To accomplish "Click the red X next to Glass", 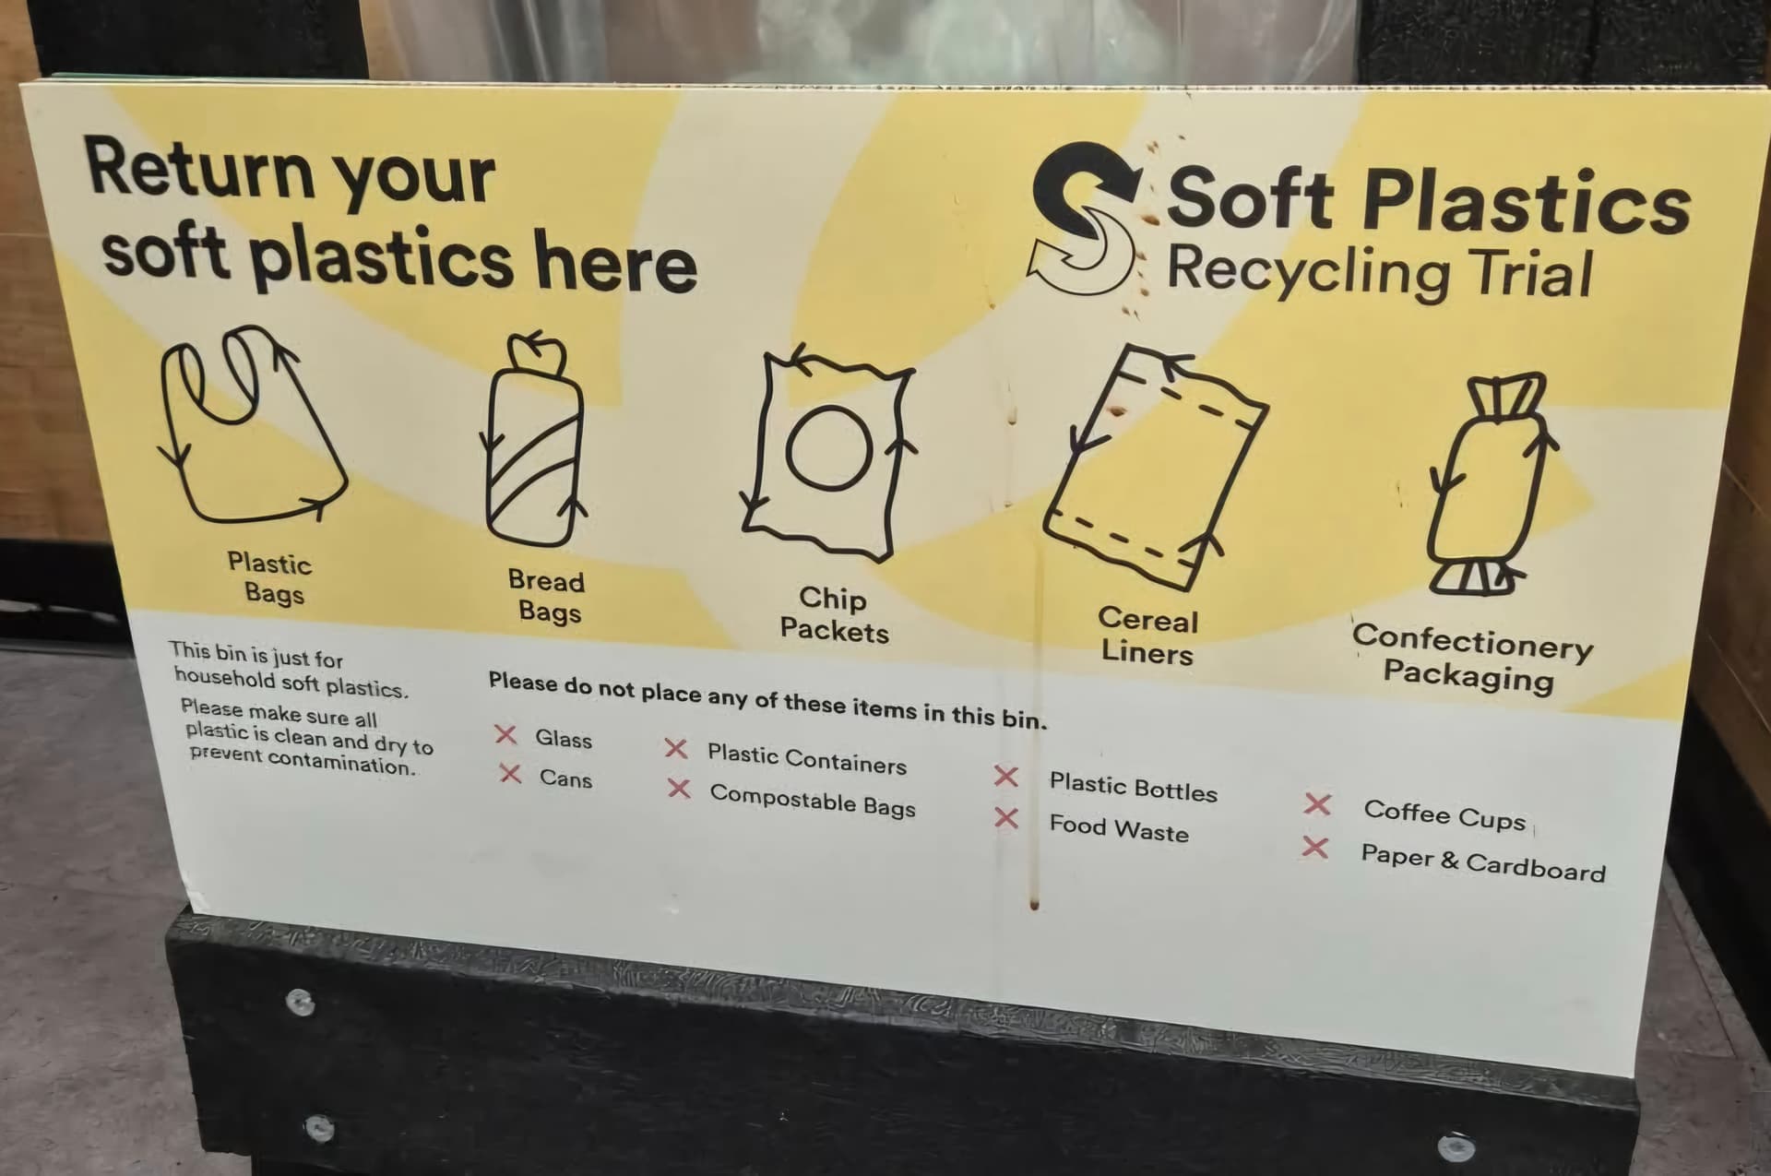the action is [505, 734].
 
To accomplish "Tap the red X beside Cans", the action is [510, 773].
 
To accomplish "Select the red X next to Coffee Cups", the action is [1317, 804].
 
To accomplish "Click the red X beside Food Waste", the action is [1006, 818].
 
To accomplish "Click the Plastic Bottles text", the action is [1133, 787].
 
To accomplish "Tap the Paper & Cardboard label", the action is [1483, 863].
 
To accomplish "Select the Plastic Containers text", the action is [807, 758].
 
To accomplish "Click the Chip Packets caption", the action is [834, 614].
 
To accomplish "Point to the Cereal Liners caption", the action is [1147, 636].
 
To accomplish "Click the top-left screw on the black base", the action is [299, 1001].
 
